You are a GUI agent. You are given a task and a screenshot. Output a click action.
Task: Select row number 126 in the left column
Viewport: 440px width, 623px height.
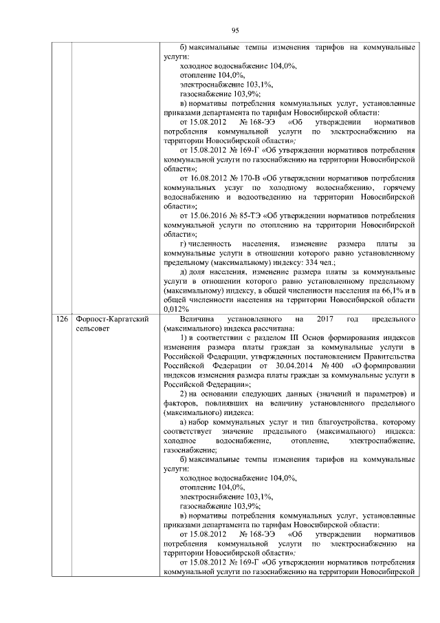tap(63, 319)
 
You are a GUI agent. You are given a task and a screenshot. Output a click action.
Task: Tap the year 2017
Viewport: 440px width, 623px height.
tap(326, 319)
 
